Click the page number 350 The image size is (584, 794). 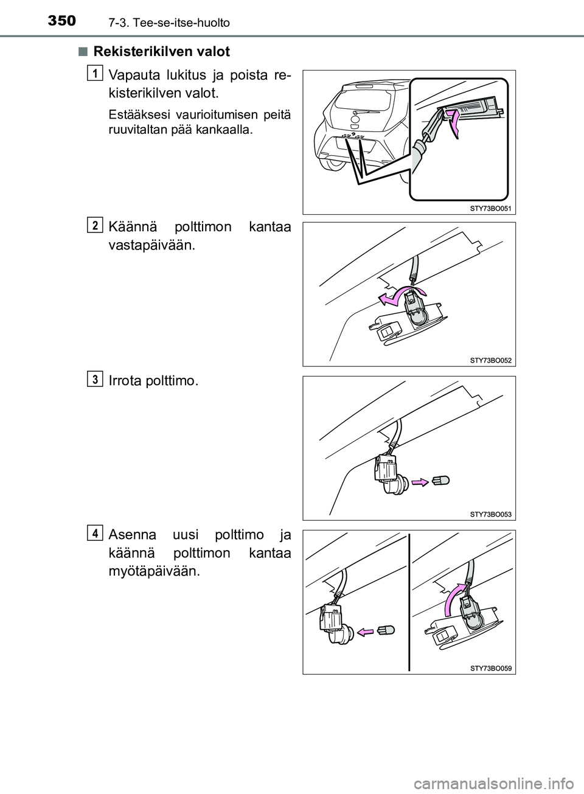[62, 21]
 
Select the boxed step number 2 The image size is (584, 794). [95, 225]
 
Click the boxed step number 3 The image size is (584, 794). [95, 379]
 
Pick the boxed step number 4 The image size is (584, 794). [95, 533]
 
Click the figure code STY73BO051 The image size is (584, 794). [491, 209]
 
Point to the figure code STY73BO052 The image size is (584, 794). [491, 360]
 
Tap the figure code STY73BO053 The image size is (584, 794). [491, 514]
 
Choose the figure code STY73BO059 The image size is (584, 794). [491, 669]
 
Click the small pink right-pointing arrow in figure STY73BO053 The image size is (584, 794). [420, 482]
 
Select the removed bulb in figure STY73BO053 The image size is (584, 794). [440, 481]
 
